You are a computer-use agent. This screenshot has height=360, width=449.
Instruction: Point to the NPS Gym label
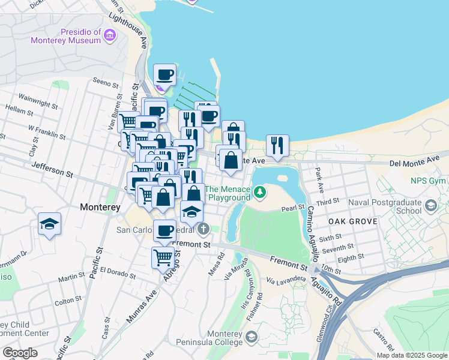(427, 181)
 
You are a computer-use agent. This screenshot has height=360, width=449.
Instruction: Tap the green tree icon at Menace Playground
(260, 193)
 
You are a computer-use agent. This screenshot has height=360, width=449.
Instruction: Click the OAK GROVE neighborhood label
(352, 221)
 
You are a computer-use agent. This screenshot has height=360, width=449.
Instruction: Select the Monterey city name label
(100, 207)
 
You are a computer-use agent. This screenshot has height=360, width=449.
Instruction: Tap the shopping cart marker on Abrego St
(163, 258)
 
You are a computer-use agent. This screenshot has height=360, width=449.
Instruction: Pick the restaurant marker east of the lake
(277, 145)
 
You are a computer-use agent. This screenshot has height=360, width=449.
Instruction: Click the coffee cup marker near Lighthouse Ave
(164, 75)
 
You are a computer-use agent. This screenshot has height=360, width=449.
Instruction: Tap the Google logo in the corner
(20, 353)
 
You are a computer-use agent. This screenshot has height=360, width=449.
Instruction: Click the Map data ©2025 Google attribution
(412, 355)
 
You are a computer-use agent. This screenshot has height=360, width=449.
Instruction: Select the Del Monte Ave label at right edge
(414, 162)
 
